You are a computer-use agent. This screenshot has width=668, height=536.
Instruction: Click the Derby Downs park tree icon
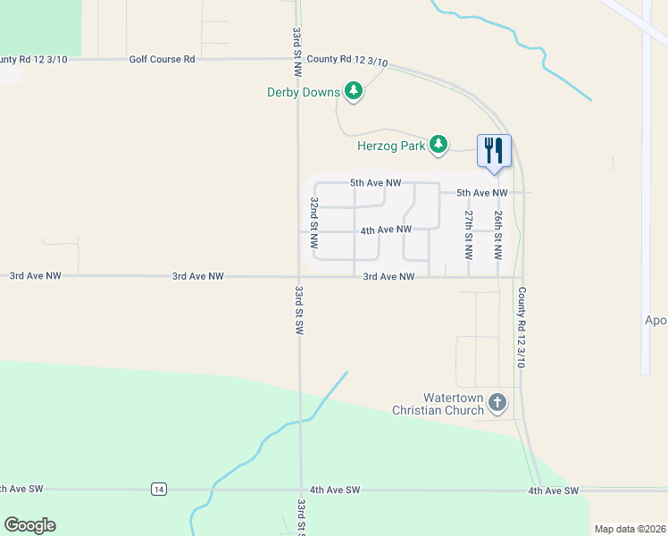pyautogui.click(x=354, y=91)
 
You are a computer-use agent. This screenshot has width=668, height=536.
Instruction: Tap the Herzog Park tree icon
pyautogui.click(x=438, y=144)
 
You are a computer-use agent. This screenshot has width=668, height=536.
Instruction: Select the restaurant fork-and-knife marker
pyautogui.click(x=494, y=149)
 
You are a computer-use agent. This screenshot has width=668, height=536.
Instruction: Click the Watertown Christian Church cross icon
pyautogui.click(x=497, y=404)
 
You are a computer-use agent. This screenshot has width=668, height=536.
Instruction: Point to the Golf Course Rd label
pyautogui.click(x=162, y=59)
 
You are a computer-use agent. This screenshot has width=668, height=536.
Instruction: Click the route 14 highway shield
pyautogui.click(x=158, y=489)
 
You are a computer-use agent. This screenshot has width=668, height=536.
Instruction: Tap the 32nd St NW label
pyautogui.click(x=314, y=222)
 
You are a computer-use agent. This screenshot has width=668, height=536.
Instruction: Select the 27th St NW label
pyautogui.click(x=468, y=231)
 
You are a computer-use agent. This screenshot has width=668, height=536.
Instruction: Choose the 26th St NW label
pyautogui.click(x=499, y=231)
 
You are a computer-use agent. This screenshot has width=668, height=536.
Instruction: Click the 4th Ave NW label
pyautogui.click(x=386, y=230)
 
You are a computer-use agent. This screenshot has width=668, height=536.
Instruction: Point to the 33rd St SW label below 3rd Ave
pyautogui.click(x=298, y=310)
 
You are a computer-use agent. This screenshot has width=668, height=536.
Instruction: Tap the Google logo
pyautogui.click(x=29, y=525)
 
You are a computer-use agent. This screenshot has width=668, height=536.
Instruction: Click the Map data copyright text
pyautogui.click(x=630, y=529)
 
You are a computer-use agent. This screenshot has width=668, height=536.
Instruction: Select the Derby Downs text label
pyautogui.click(x=304, y=92)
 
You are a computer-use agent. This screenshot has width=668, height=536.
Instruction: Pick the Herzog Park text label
pyautogui.click(x=389, y=145)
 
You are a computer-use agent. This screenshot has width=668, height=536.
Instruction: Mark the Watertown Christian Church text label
pyautogui.click(x=439, y=404)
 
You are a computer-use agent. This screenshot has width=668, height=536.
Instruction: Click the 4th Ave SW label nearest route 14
pyautogui.click(x=335, y=490)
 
